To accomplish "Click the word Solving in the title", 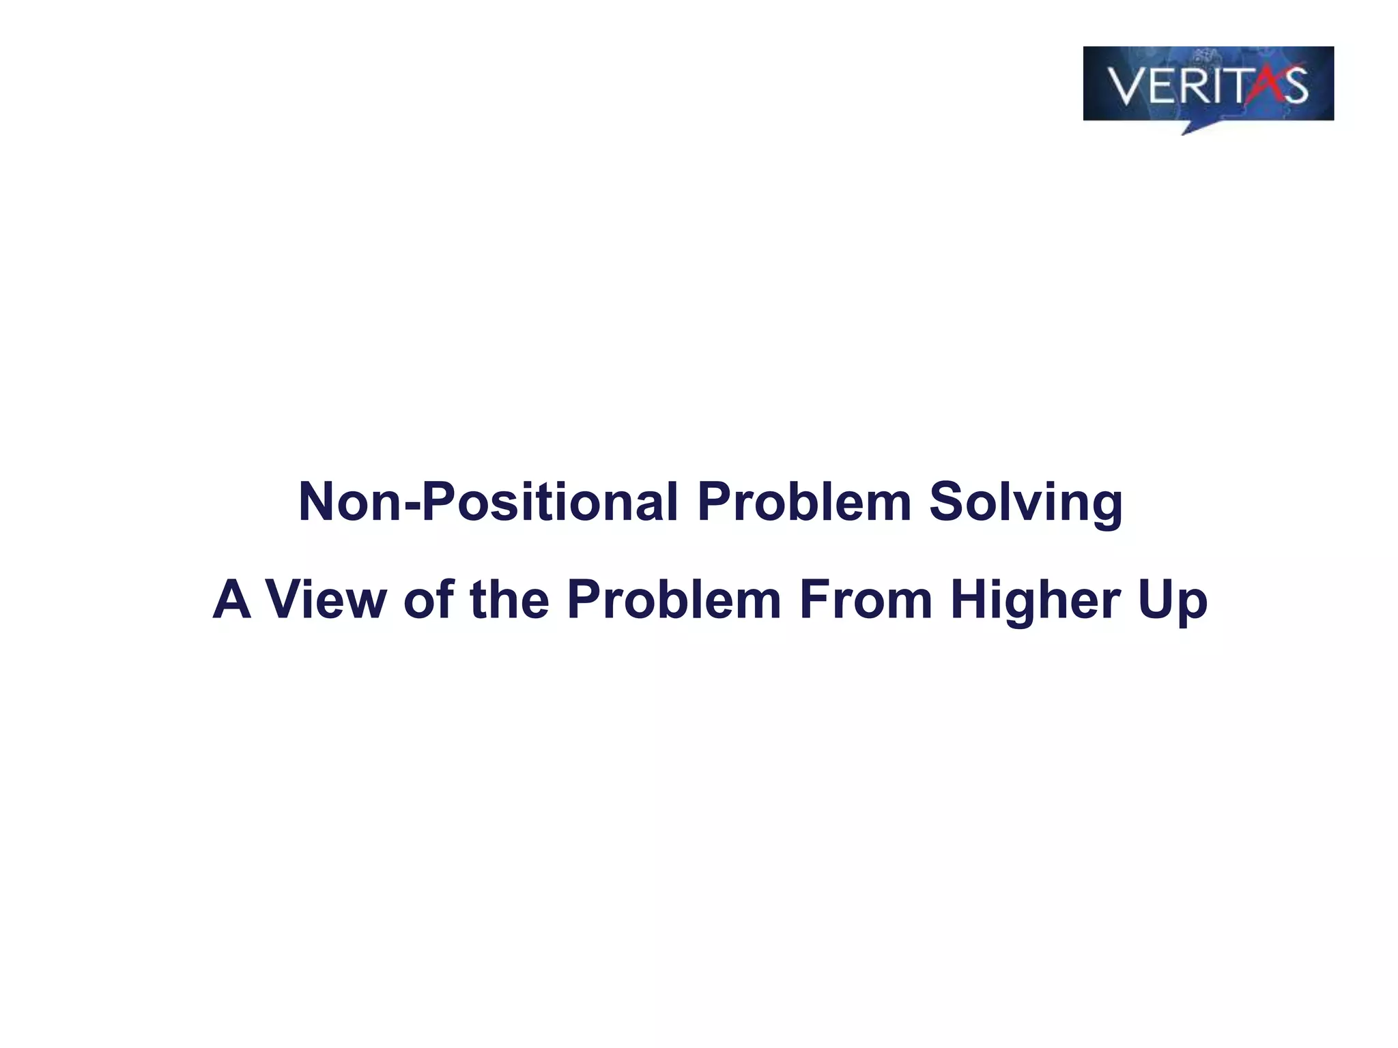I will [x=1025, y=503].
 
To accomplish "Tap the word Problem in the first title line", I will [x=803, y=503].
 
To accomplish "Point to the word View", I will [x=326, y=600].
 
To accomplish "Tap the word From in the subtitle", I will [x=865, y=600].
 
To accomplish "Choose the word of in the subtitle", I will [x=429, y=600].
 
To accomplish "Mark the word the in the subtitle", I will [x=509, y=600].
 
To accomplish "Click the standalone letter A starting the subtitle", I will [x=231, y=600].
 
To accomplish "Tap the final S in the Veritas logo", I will [x=1292, y=86].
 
